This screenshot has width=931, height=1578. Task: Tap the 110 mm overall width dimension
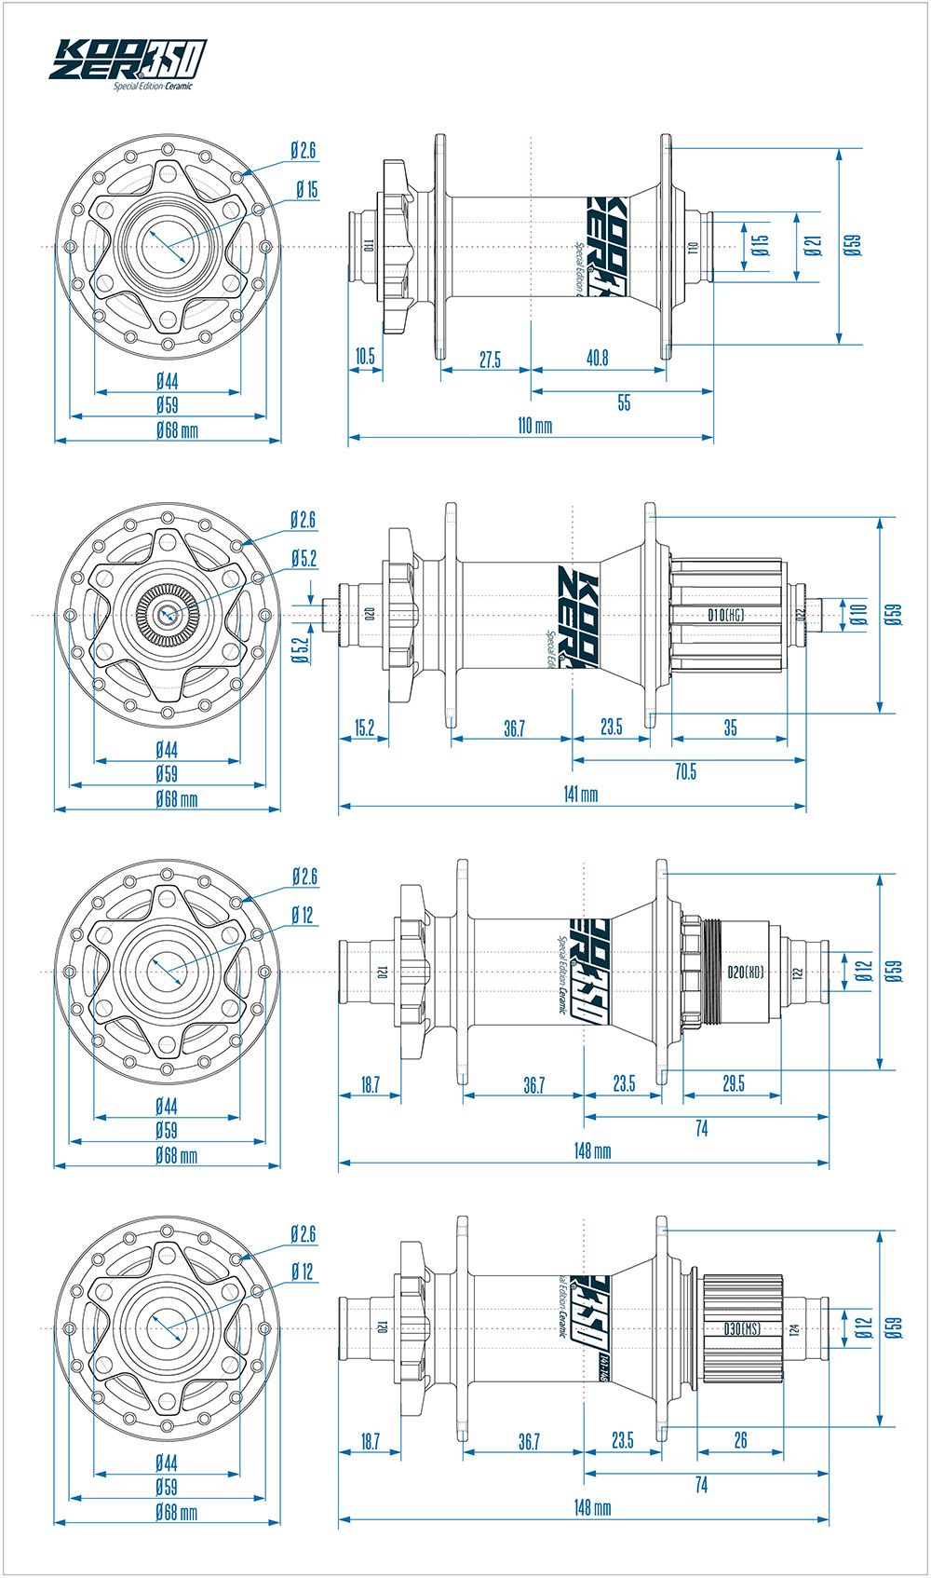pos(534,426)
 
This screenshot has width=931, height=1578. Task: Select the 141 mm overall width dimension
pos(581,794)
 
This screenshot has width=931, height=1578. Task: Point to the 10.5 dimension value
pos(365,357)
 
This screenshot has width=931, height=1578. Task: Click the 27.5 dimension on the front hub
pos(490,360)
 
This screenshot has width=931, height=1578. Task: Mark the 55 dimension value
pos(624,402)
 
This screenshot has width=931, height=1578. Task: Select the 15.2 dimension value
pos(364,728)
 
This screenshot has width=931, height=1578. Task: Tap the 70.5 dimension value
pos(685,771)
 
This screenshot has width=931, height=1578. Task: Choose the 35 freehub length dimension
pos(730,728)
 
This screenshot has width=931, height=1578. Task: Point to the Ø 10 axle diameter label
pos(859,615)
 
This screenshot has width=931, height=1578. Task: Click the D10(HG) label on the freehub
pos(725,615)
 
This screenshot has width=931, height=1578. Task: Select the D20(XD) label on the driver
pos(745,972)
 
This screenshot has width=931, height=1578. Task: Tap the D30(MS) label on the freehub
pos(741,1329)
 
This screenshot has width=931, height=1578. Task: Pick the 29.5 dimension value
pos(733,1084)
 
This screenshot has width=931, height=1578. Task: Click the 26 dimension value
pos(740,1440)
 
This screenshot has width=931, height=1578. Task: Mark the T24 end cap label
pos(794,1329)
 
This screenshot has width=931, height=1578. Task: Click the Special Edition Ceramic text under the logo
pos(153,87)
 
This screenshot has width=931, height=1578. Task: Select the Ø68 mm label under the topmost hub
pos(177,430)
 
